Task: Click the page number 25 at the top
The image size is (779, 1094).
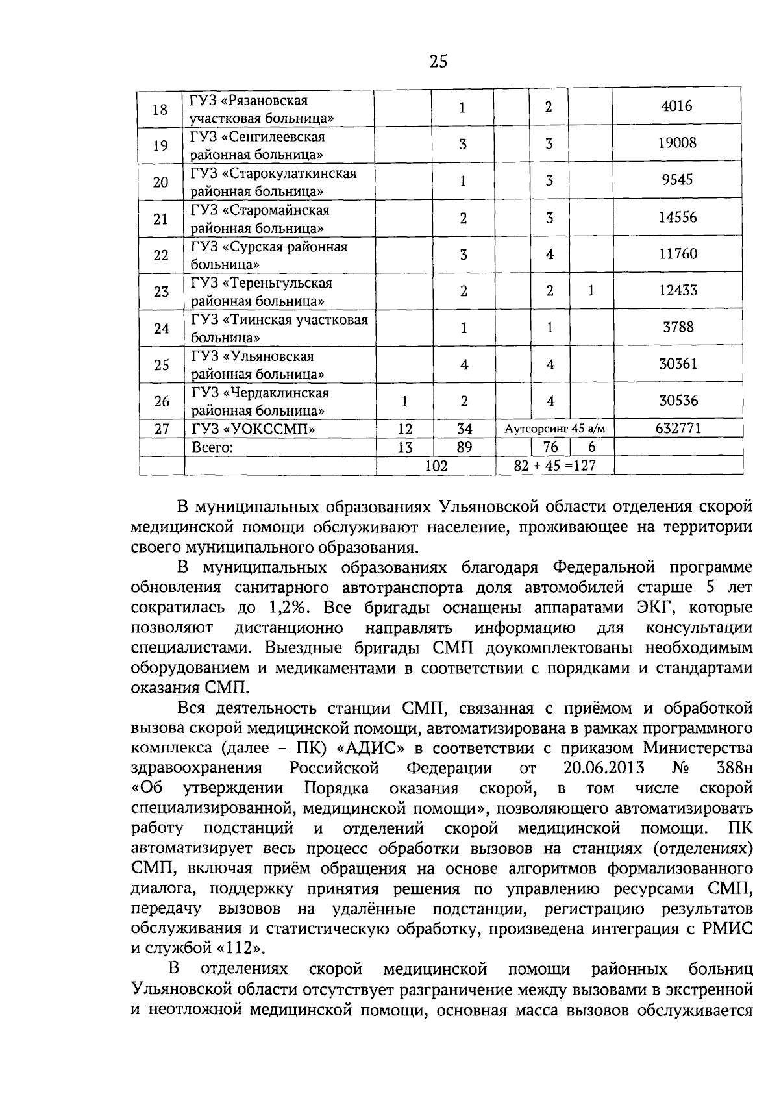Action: click(438, 62)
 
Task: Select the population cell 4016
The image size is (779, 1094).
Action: click(676, 106)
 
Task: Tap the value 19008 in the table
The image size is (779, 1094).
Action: click(676, 143)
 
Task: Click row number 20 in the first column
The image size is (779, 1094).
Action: click(160, 182)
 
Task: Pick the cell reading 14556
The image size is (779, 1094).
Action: click(677, 217)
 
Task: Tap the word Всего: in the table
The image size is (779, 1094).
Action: click(212, 447)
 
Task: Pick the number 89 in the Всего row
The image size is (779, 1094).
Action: click(464, 447)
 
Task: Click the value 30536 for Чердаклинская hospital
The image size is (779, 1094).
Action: click(678, 401)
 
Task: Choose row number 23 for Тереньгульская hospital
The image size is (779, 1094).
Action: click(160, 292)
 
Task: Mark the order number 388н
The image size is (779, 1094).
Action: click(735, 768)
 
